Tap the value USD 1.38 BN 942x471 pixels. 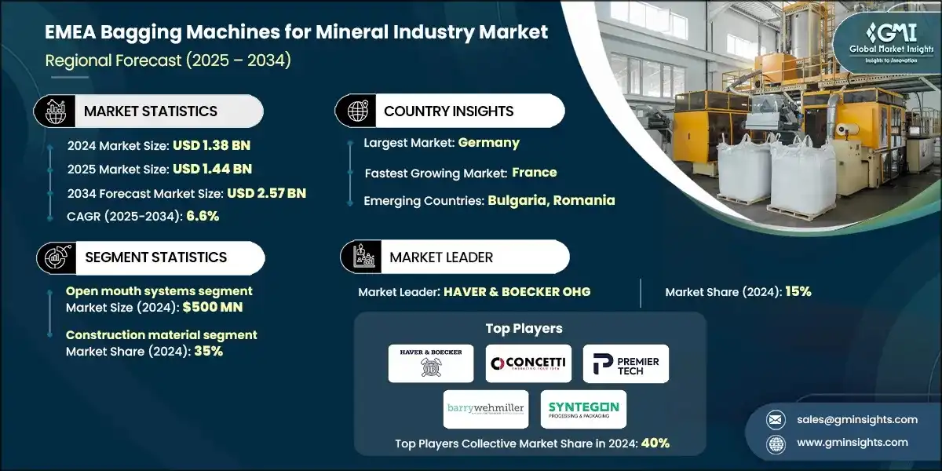coord(211,145)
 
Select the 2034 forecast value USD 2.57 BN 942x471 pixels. coord(266,192)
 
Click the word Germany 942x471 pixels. coord(490,143)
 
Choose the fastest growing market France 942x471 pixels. coord(535,172)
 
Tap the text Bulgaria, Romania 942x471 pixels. coord(551,200)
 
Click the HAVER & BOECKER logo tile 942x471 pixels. coord(431,363)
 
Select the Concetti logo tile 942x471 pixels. coord(528,363)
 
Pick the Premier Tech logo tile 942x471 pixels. coord(626,363)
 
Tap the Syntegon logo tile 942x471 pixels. coord(583,408)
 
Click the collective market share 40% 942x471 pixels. coord(655,443)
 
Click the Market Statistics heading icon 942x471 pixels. coord(54,111)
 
